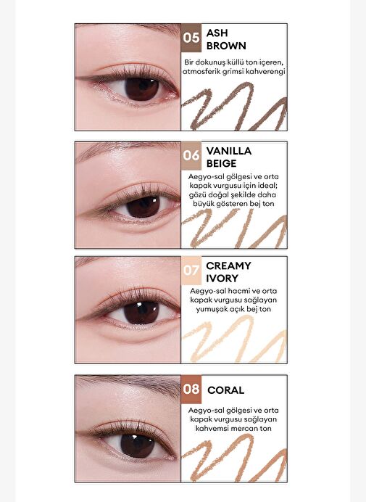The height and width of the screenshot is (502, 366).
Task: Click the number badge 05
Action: pos(191,38)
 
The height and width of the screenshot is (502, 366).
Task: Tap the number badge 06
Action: pos(191,155)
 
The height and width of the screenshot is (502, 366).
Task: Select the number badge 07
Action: pos(191,271)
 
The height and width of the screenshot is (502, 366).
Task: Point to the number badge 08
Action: pos(191,390)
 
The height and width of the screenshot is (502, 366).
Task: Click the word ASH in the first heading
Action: pos(217,33)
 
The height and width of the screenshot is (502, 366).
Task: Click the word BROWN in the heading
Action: pos(226,46)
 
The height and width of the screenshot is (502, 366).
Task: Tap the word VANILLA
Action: pos(229,151)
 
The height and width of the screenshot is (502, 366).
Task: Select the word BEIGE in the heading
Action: pos(221,164)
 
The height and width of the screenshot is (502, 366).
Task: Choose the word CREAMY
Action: pos(228,266)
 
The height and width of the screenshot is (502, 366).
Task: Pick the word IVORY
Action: pos(222,279)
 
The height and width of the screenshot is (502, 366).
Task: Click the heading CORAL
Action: pos(225,390)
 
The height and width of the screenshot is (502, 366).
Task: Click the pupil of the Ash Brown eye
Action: pos(141,88)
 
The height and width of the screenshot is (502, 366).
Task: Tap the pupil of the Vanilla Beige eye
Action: pos(143,206)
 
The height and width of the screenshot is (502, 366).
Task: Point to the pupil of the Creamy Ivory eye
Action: pos(141,313)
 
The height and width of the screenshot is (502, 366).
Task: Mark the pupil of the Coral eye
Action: pos(138,445)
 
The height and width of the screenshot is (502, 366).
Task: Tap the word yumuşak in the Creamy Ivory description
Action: pos(211,310)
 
